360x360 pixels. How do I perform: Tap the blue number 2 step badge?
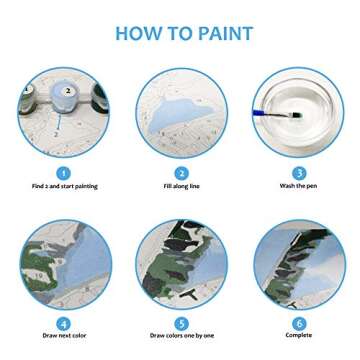(181, 172)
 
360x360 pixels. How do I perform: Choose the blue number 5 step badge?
(181, 323)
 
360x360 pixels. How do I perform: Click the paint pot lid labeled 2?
(68, 90)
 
